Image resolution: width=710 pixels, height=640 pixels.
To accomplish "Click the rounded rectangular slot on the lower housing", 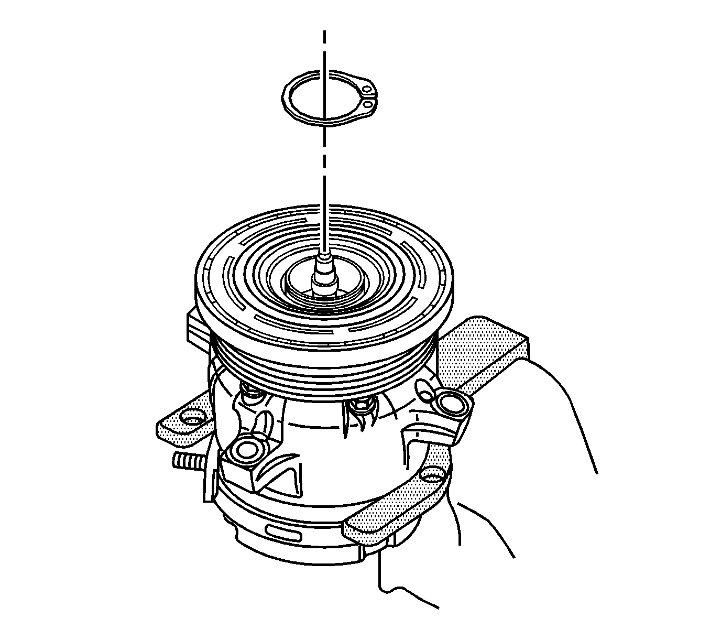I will tap(283, 534).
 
